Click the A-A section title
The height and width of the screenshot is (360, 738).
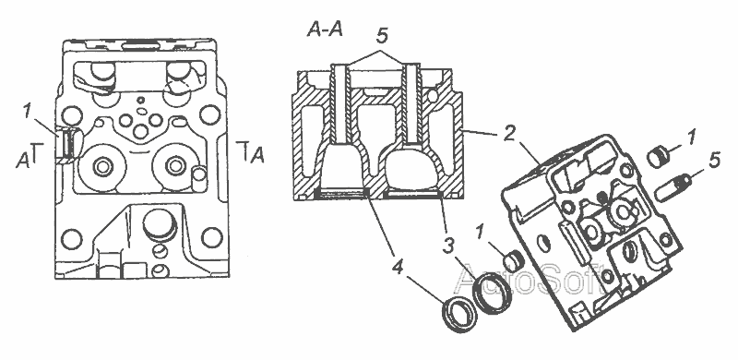(325, 30)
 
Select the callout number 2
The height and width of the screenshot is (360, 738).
(507, 135)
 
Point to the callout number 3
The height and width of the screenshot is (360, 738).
(448, 245)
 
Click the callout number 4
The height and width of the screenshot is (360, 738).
(398, 268)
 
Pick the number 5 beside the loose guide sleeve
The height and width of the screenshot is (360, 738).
(713, 161)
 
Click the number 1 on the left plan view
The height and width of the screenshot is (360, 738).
(29, 112)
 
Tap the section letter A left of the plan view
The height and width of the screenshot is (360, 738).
(21, 162)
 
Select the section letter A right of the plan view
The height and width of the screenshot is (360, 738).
(257, 155)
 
